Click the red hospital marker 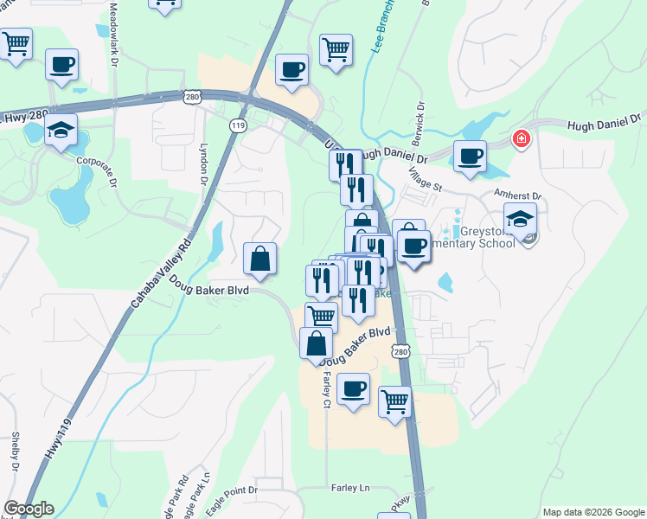click(521, 138)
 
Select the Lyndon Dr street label click(204, 164)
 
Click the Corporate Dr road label click(95, 161)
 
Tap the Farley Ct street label click(326, 390)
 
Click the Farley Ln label click(349, 489)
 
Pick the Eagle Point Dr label click(234, 490)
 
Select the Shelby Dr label click(16, 452)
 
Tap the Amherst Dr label click(517, 196)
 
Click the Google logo click(28, 509)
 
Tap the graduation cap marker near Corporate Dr click(61, 131)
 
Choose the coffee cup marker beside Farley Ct click(352, 389)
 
